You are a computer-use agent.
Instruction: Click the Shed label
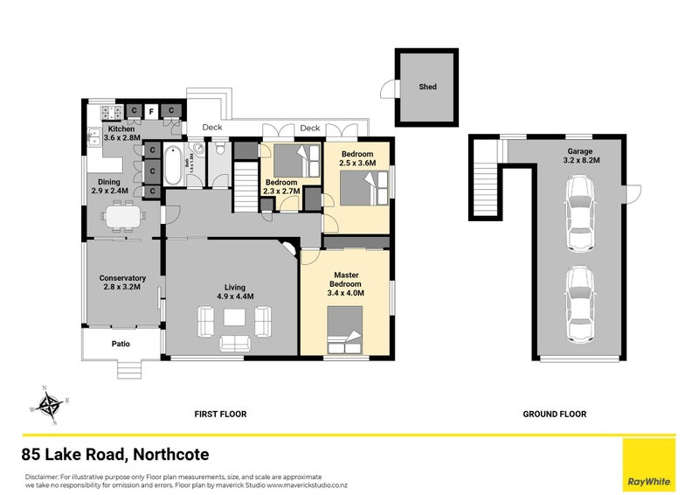(x=426, y=87)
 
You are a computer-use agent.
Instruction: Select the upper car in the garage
(x=580, y=213)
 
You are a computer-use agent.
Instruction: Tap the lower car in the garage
(x=580, y=304)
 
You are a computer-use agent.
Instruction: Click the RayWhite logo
(x=647, y=464)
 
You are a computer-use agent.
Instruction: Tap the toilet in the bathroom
(x=220, y=152)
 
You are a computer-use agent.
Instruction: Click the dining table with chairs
(x=122, y=214)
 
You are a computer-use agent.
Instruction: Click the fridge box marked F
(x=151, y=111)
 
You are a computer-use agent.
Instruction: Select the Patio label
(x=121, y=344)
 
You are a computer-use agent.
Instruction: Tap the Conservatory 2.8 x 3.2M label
(x=121, y=282)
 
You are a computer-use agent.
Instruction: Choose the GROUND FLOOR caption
(x=554, y=414)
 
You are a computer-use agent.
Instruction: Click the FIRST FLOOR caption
(x=220, y=414)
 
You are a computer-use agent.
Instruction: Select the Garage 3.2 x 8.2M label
(x=580, y=156)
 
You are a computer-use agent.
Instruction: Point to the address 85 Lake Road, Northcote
(x=115, y=455)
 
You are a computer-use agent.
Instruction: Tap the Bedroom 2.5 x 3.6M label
(x=356, y=158)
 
